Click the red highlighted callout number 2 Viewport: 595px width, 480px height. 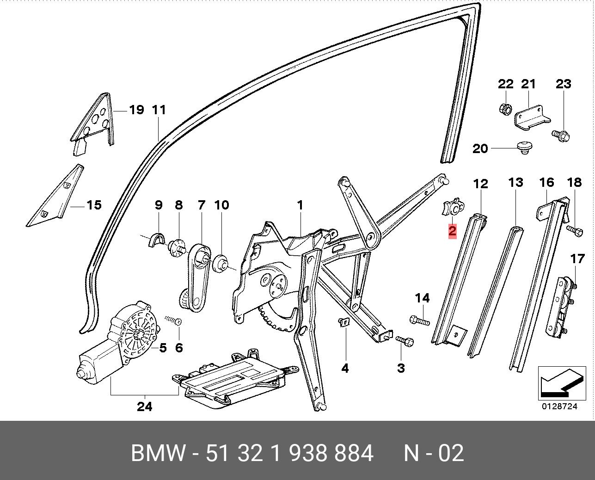[452, 231]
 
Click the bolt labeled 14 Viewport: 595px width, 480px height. [419, 320]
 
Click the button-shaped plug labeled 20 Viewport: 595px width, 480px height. [523, 148]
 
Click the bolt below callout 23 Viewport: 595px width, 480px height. [560, 135]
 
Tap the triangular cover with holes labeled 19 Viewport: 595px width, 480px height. [95, 123]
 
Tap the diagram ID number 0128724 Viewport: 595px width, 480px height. [560, 406]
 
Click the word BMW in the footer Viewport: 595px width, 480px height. [159, 453]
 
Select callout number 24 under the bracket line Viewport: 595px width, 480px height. [145, 407]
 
